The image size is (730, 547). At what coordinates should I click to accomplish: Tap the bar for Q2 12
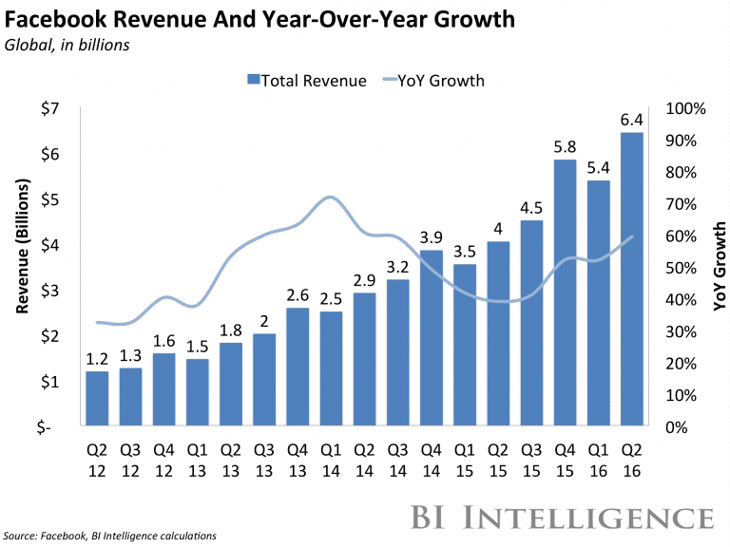(x=96, y=399)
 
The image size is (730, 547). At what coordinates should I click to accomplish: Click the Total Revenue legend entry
(x=306, y=80)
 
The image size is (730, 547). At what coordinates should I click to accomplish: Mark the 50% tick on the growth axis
(x=681, y=268)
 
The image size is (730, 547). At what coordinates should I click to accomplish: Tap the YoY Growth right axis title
(x=720, y=266)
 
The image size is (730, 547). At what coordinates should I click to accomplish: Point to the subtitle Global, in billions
(x=69, y=44)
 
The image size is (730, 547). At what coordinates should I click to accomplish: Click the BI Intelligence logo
(x=561, y=518)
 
